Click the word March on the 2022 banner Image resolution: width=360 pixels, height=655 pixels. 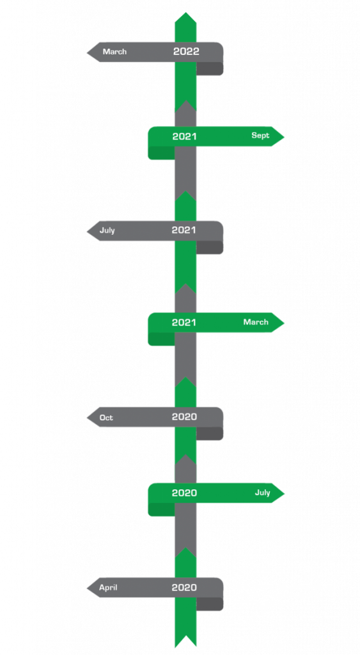pos(114,52)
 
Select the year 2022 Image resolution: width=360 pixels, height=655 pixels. pos(186,51)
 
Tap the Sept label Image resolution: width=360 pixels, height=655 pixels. pos(260,136)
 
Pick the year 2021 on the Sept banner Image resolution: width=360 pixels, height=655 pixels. pos(185,136)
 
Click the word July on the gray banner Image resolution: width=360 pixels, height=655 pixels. pos(107,230)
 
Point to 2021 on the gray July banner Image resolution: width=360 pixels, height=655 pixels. pos(184,230)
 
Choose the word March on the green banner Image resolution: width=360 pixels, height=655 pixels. pos(256,322)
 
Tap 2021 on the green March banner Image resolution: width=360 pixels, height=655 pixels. pos(184,322)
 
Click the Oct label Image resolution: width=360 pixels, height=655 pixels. pos(106,417)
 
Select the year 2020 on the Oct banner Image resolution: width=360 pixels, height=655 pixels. pos(184,416)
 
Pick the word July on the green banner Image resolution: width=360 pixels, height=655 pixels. pos(263,493)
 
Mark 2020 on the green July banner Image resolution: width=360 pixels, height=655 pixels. pos(184,493)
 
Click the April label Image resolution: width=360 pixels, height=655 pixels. pos(108,587)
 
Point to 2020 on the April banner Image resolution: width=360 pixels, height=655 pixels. pos(184,587)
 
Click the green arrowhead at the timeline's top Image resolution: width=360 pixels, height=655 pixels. pos(185,17)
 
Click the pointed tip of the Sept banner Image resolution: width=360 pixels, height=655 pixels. pos(284,136)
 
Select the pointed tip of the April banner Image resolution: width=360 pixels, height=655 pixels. pos(87,588)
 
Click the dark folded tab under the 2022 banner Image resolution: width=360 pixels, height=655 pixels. pos(210,69)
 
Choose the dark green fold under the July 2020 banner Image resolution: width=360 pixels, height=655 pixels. pos(161,509)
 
